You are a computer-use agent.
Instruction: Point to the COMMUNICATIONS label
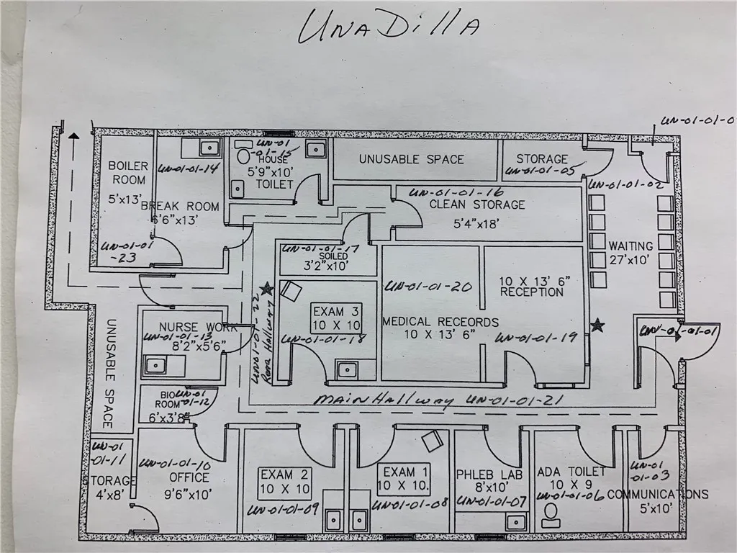(657, 494)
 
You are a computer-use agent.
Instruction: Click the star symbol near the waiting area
(597, 325)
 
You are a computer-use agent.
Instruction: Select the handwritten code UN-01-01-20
(429, 287)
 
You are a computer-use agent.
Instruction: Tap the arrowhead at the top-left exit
(73, 134)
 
